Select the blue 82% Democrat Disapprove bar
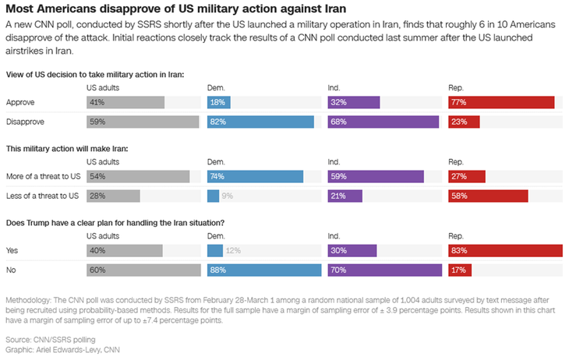click(x=260, y=122)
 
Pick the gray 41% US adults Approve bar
click(x=125, y=102)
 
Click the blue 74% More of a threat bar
click(x=255, y=176)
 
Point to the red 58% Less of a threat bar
click(x=488, y=196)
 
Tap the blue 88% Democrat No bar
click(x=264, y=270)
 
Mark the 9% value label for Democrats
click(x=228, y=196)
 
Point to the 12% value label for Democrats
click(x=231, y=250)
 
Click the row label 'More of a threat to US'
click(x=43, y=176)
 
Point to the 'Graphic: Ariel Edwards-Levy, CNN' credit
click(x=62, y=349)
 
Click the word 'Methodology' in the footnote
click(x=29, y=300)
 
